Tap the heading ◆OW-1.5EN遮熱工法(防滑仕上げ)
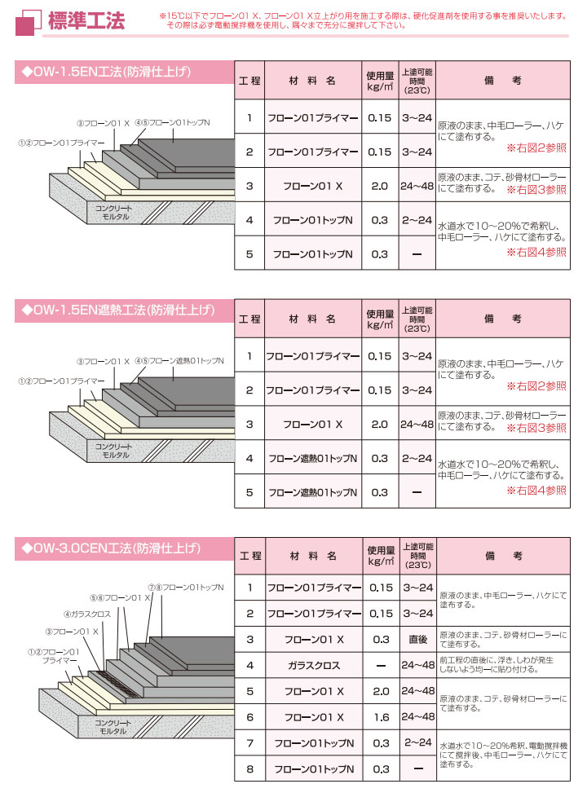pyautogui.click(x=119, y=310)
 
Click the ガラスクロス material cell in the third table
pyautogui.click(x=313, y=665)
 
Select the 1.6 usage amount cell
pyautogui.click(x=380, y=716)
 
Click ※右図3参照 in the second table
pyautogui.click(x=536, y=428)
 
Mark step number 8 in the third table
pyautogui.click(x=250, y=768)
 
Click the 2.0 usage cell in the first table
pyautogui.click(x=380, y=187)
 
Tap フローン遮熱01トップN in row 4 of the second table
pyautogui.click(x=313, y=458)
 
